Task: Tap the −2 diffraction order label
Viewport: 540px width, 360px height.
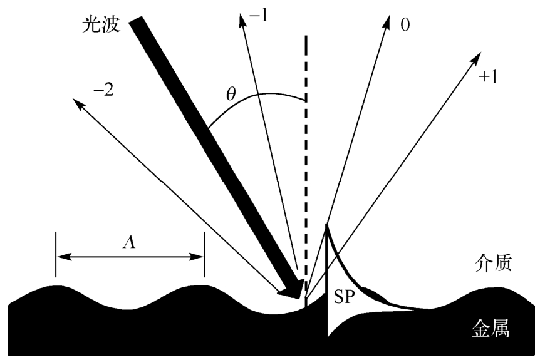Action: [101, 89]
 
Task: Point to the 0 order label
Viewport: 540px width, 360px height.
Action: [405, 26]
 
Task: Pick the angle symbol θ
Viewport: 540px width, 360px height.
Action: [231, 95]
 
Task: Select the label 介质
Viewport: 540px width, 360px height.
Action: [494, 264]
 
